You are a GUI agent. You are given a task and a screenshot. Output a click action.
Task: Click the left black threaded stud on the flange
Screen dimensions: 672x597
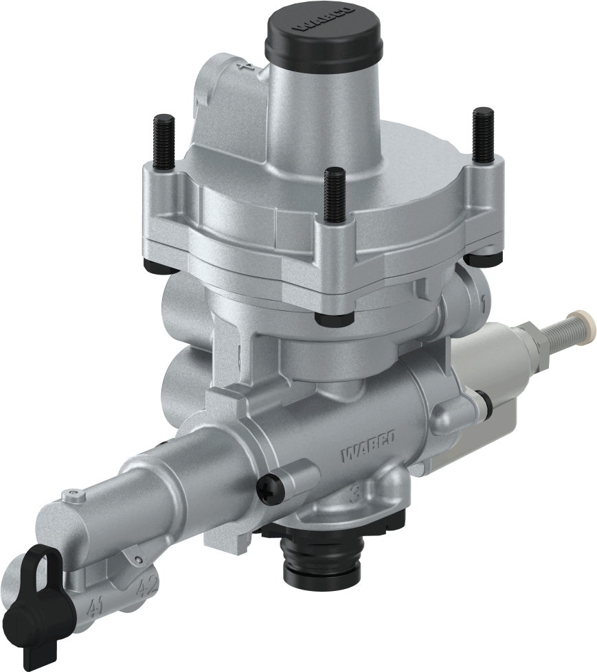point(166,141)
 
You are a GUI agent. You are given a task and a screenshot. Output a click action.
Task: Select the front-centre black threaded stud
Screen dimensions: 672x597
point(335,195)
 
